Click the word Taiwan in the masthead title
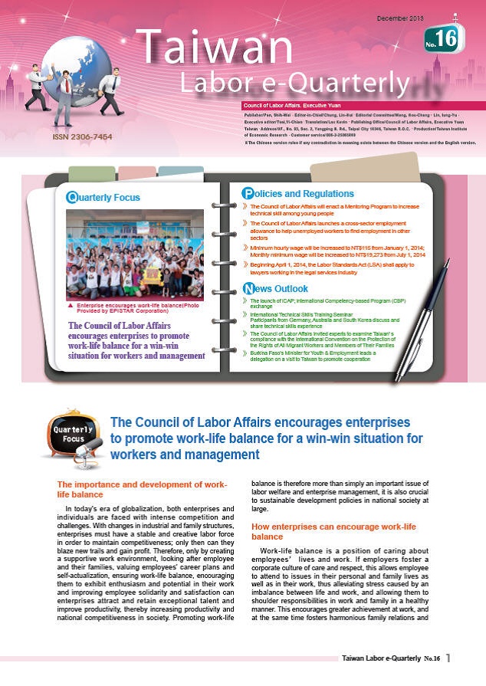click(x=211, y=48)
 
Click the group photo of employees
click(x=135, y=254)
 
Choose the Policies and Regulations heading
click(x=299, y=193)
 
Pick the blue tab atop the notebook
click(x=181, y=172)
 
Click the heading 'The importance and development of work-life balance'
click(x=142, y=489)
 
